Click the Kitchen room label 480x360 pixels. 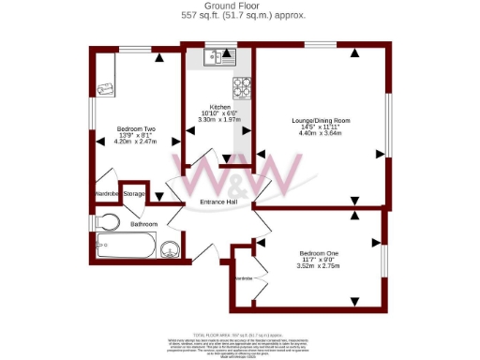[x=219, y=107]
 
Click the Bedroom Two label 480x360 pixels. [x=136, y=127]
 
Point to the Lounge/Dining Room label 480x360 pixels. [x=320, y=120]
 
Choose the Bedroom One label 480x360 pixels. [x=320, y=253]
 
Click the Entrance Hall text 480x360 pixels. [x=218, y=202]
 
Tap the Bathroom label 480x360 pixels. [x=143, y=225]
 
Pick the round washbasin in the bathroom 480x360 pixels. [x=171, y=249]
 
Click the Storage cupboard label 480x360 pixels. [x=134, y=194]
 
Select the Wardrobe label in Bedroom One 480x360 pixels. [x=243, y=278]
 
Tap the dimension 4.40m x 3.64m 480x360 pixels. [x=320, y=133]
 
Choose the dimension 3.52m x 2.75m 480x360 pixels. [x=320, y=266]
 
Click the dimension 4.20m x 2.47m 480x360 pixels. [x=136, y=141]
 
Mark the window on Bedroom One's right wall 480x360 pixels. [x=384, y=258]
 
